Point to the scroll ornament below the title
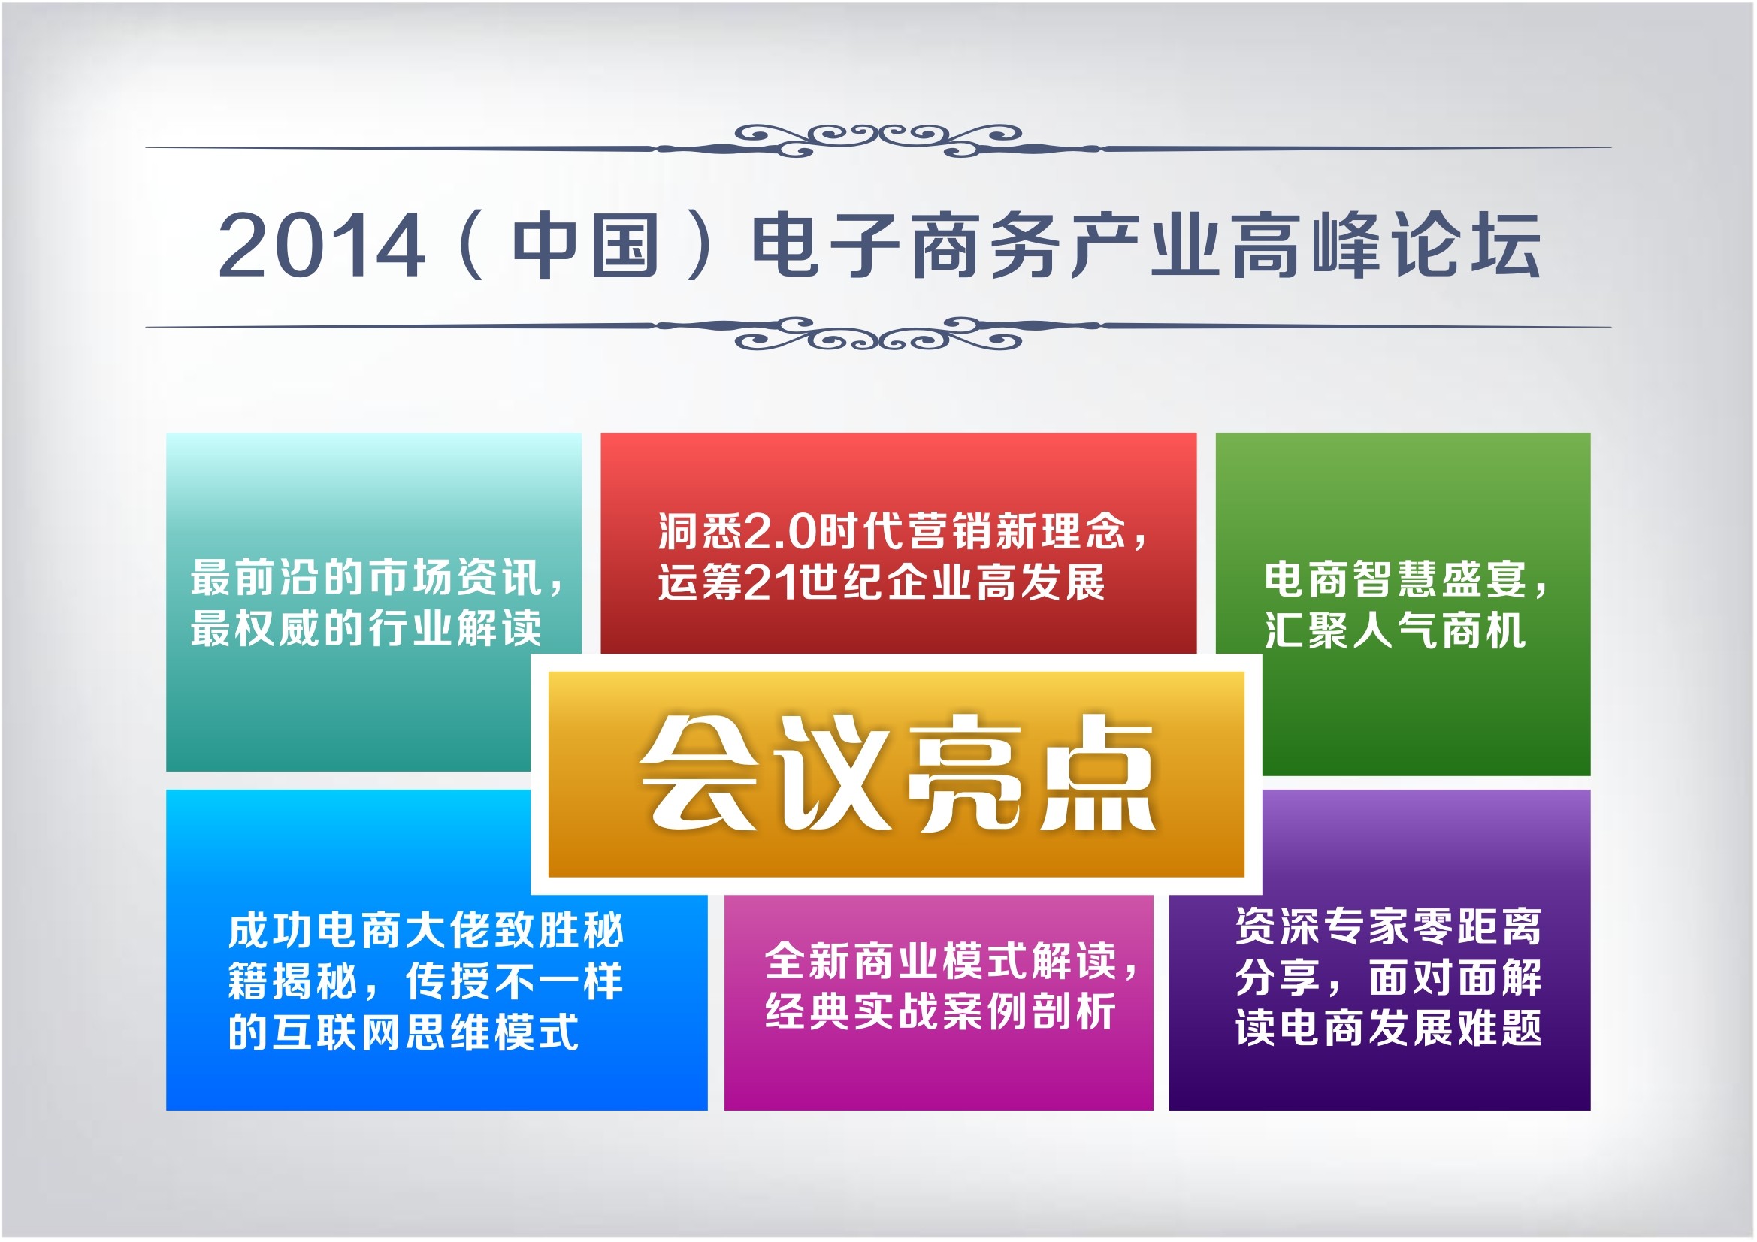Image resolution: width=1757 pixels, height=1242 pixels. [x=878, y=333]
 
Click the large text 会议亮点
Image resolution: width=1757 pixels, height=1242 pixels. [x=897, y=774]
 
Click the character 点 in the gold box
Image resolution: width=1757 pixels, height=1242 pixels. [x=1098, y=774]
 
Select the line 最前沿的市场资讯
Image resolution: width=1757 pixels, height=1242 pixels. [x=367, y=577]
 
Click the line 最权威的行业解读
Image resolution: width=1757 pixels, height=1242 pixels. [x=367, y=628]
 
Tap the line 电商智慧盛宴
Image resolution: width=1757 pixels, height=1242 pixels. [x=1395, y=579]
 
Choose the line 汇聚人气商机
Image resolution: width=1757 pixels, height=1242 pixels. [x=1395, y=630]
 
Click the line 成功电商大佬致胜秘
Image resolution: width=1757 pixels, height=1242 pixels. [x=426, y=930]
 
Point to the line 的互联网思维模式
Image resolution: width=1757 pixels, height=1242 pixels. [x=404, y=1032]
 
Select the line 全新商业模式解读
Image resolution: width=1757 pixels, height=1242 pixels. [x=940, y=961]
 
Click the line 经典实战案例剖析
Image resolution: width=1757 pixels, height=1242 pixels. [x=940, y=1011]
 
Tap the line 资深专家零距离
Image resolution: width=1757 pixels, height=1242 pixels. [x=1388, y=926]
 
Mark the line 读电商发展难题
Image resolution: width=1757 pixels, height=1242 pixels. [x=1388, y=1028]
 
